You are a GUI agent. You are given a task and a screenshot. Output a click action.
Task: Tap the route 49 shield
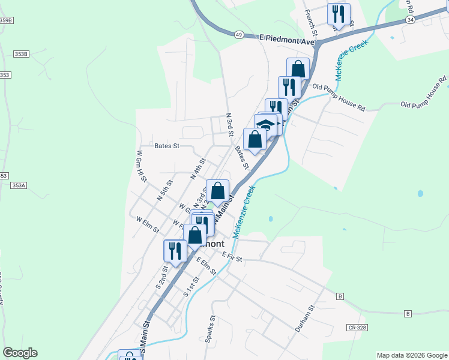click(x=239, y=35)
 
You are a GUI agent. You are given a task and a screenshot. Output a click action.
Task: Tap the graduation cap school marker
click(x=265, y=125)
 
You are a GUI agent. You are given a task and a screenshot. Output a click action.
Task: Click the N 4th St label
click(x=197, y=169)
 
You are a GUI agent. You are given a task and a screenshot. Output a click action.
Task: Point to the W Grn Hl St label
click(x=140, y=166)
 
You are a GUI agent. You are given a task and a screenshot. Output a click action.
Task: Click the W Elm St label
click(x=148, y=225)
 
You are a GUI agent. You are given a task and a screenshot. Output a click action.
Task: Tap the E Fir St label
click(x=231, y=257)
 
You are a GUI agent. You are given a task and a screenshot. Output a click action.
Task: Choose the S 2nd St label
click(x=161, y=277)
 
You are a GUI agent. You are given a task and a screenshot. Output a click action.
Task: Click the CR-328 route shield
click(x=357, y=328)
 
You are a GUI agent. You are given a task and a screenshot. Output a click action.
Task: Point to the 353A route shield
click(x=19, y=185)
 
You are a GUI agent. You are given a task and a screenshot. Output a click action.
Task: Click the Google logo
click(x=20, y=352)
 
